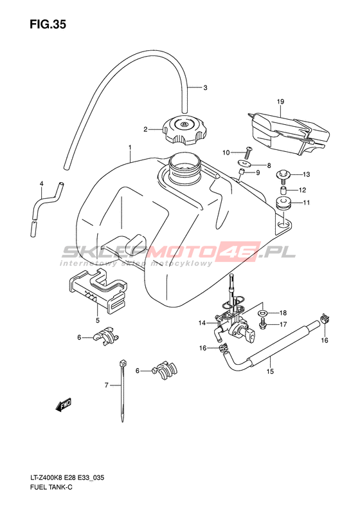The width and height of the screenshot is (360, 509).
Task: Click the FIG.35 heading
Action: (x=48, y=24)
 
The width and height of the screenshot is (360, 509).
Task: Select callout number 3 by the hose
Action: (x=205, y=88)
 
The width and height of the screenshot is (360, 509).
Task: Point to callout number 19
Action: (x=280, y=102)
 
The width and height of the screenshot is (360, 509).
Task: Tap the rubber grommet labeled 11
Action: (x=283, y=204)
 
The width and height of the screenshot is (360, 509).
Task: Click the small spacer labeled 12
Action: (x=283, y=190)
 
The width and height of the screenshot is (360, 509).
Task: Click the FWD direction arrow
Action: (x=63, y=405)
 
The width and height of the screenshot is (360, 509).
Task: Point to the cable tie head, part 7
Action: (x=123, y=363)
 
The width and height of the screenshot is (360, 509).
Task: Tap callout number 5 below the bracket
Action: (x=98, y=321)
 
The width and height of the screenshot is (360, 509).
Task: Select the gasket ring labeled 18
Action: (x=262, y=313)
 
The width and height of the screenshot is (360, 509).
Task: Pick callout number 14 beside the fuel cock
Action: (x=202, y=323)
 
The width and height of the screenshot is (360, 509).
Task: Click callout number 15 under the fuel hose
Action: (x=270, y=371)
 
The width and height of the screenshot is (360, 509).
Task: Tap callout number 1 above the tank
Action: (x=130, y=148)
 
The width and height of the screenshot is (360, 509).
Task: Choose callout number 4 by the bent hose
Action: (x=42, y=184)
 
